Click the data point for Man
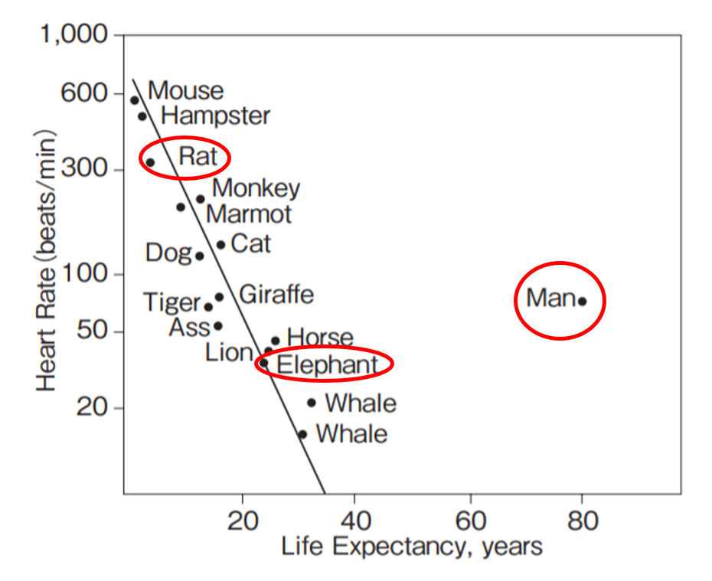(582, 301)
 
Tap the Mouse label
(185, 90)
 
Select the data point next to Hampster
(142, 116)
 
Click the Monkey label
(256, 188)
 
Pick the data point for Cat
(220, 245)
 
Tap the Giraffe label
(276, 294)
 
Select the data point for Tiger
(208, 307)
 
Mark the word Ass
(189, 327)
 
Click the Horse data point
(276, 341)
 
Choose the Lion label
(229, 352)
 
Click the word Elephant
(327, 365)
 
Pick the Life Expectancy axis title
(412, 547)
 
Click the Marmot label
(249, 214)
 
